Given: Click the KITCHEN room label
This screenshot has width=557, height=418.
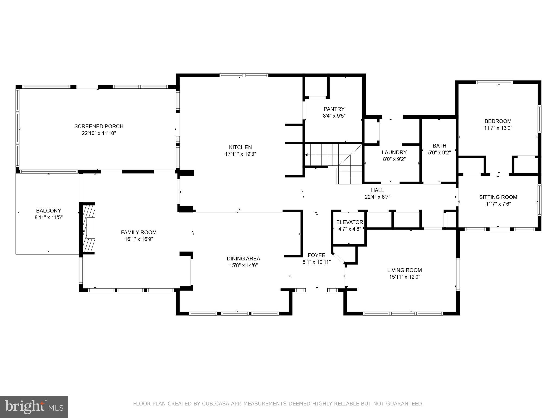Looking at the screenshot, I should pos(240,147).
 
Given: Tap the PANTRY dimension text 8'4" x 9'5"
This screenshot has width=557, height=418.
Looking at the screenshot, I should pos(334,116).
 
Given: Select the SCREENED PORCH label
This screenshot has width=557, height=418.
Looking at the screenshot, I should pos(99,126).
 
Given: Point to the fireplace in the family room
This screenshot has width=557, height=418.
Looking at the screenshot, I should pos(89,228).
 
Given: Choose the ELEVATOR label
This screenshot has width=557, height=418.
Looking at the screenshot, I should pos(349,222).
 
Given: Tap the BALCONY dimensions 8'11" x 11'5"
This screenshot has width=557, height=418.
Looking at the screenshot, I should pos(49,217).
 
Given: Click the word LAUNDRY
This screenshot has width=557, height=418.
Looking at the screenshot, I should pos(394,152).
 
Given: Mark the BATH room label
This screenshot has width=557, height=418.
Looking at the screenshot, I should pos(440,146).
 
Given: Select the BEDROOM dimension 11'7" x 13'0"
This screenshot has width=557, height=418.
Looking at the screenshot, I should pos(498,128).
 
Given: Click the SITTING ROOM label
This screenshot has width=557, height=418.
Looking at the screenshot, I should pos(498,197).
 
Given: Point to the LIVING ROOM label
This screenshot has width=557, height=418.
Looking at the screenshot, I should pos(404,270).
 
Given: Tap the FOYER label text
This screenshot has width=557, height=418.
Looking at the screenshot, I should pos(316,255).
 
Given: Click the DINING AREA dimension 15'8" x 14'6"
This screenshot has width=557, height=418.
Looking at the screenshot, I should pos(243,265).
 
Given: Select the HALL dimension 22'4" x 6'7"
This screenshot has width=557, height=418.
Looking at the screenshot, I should pos(377,197).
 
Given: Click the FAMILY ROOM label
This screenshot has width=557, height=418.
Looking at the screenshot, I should pos(139,232).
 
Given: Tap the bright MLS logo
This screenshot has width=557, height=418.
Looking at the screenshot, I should pos(34,407).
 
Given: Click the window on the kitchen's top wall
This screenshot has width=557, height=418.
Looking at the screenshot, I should pos(244,75).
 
